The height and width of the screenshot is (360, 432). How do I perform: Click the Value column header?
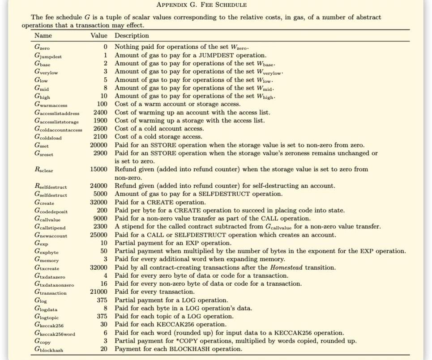tap(99, 35)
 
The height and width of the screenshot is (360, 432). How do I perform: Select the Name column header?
tap(43, 35)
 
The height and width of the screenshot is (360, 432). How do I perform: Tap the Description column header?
tap(132, 35)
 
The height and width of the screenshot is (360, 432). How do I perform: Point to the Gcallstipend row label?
tap(50, 227)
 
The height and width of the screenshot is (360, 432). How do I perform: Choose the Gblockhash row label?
tap(49, 349)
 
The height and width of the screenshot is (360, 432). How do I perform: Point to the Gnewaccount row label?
tap(51, 235)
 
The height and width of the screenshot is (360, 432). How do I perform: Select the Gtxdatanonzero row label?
tap(54, 284)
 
